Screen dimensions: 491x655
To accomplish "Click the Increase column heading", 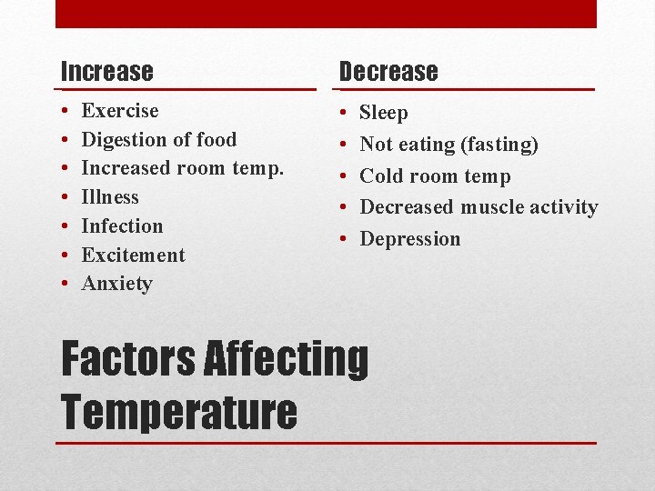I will (x=106, y=71).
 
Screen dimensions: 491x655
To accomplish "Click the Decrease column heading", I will (x=388, y=71).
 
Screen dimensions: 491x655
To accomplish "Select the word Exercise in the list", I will (x=120, y=111).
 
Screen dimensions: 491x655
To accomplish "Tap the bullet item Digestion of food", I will (x=158, y=140).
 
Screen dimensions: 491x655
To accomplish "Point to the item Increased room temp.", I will (x=182, y=168).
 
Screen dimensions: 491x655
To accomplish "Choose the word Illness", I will (x=110, y=197).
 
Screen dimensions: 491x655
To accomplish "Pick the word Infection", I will (x=122, y=226).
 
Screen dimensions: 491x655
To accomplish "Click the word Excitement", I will (x=133, y=256).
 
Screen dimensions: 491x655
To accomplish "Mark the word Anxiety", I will (x=116, y=284).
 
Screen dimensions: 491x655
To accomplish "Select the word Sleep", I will (x=384, y=114).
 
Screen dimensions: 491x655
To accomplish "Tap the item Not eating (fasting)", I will (x=448, y=145).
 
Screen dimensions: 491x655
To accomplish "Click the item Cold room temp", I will (x=435, y=176).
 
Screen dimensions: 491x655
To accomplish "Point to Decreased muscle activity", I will (x=479, y=207).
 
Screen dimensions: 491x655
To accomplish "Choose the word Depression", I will (x=410, y=239).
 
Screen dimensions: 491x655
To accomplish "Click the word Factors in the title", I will (x=128, y=358).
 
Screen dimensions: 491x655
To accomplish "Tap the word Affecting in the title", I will (x=287, y=358).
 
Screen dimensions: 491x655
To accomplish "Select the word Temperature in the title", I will (x=179, y=411).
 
